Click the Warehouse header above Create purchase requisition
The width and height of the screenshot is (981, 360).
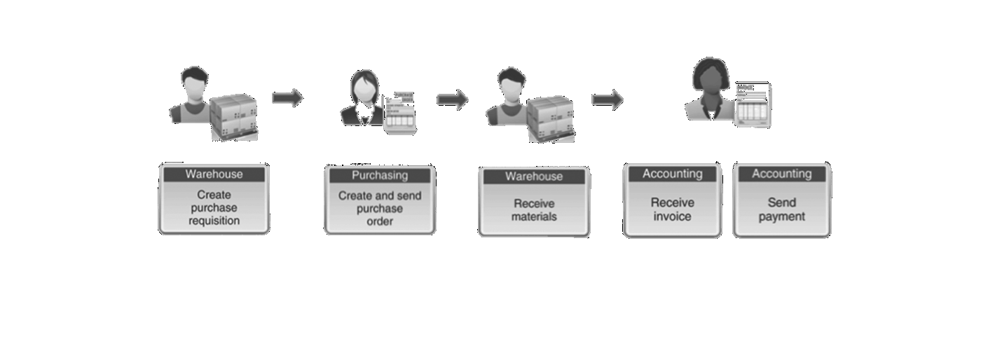pos(214,174)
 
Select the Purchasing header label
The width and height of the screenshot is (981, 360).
pos(379,175)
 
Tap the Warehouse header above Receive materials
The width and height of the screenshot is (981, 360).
pos(533,176)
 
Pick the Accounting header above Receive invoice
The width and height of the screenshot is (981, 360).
pos(672,174)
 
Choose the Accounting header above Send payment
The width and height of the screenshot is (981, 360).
pos(781,174)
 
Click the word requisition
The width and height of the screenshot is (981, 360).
pos(214,221)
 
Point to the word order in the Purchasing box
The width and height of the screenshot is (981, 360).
pos(379,221)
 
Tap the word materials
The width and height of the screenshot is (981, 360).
pos(533,216)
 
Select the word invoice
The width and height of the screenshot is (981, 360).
pos(672,216)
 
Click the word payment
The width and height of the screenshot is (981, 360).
pos(781,216)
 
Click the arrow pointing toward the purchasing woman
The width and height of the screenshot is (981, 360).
pos(287,97)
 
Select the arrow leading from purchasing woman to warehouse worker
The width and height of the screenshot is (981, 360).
pos(452,100)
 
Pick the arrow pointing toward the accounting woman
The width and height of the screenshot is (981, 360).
pos(607,99)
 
